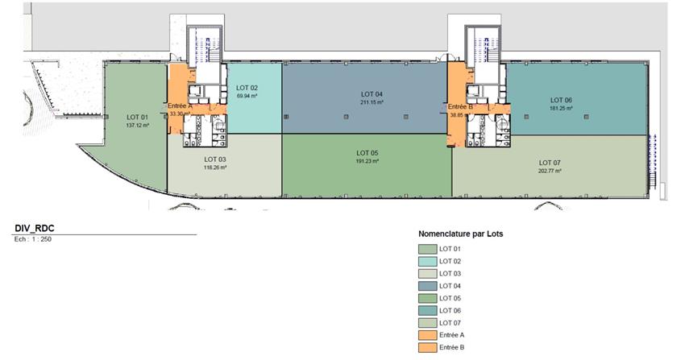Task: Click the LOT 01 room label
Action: click(x=138, y=117)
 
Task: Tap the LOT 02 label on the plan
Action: click(x=247, y=88)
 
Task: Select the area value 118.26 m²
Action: click(x=215, y=168)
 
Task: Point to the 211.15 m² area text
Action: click(x=372, y=102)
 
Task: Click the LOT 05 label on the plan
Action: click(x=367, y=153)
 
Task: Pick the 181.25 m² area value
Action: click(x=562, y=108)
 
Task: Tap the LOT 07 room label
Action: click(x=550, y=163)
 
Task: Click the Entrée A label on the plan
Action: click(x=180, y=106)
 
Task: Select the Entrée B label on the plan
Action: click(x=460, y=107)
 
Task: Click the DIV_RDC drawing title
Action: click(x=35, y=229)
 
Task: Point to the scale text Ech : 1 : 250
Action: click(x=33, y=239)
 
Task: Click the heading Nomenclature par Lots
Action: click(x=460, y=234)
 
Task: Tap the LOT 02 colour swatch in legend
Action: click(x=428, y=262)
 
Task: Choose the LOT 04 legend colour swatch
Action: click(x=428, y=286)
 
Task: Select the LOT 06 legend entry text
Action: click(x=450, y=311)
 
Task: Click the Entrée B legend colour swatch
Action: click(x=428, y=347)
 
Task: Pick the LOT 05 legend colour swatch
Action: click(x=428, y=299)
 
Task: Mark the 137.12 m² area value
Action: click(x=138, y=126)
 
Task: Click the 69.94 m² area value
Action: click(x=247, y=96)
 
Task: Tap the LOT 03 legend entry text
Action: click(x=450, y=274)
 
